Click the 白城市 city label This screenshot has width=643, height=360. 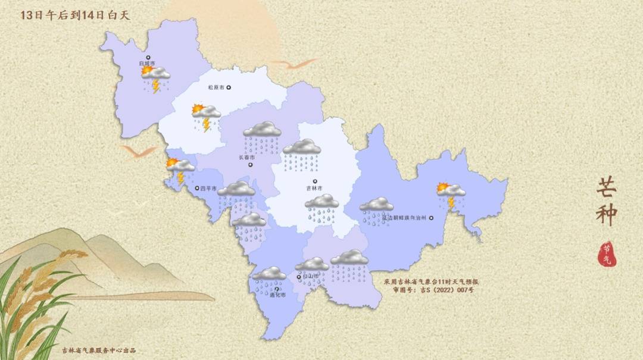pos(146,63)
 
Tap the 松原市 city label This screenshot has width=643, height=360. pos(216,87)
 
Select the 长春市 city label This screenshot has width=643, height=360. pos(246,158)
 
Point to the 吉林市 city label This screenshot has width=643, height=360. pos(314,188)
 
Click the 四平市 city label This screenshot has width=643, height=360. pos(208,189)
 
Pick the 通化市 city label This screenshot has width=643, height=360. pos(277,295)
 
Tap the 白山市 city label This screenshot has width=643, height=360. pos(311,276)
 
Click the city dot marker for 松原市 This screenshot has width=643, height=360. pos(229,87)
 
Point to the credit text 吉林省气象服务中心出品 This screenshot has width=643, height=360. pos(99,350)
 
